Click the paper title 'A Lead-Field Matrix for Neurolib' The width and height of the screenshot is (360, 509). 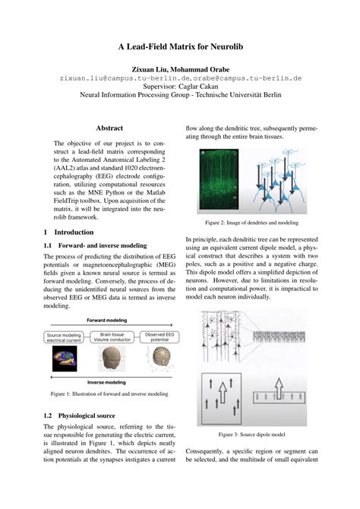tap(179, 46)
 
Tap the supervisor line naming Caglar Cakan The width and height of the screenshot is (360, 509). tap(179, 86)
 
